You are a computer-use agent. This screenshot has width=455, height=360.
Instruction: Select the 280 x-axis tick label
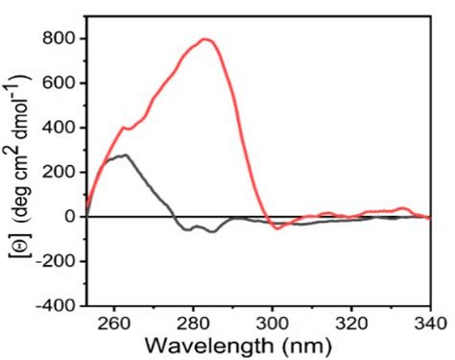(x=194, y=322)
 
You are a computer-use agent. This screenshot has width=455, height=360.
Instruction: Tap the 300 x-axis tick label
(x=273, y=322)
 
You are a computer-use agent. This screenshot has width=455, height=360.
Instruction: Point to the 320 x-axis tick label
(x=351, y=322)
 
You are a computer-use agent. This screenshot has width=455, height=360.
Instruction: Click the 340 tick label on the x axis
(x=428, y=322)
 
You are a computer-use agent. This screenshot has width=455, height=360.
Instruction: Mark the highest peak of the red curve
(x=204, y=39)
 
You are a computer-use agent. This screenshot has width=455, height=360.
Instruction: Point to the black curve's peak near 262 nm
(x=124, y=155)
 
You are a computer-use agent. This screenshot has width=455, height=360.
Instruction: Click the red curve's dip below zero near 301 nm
(x=277, y=228)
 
